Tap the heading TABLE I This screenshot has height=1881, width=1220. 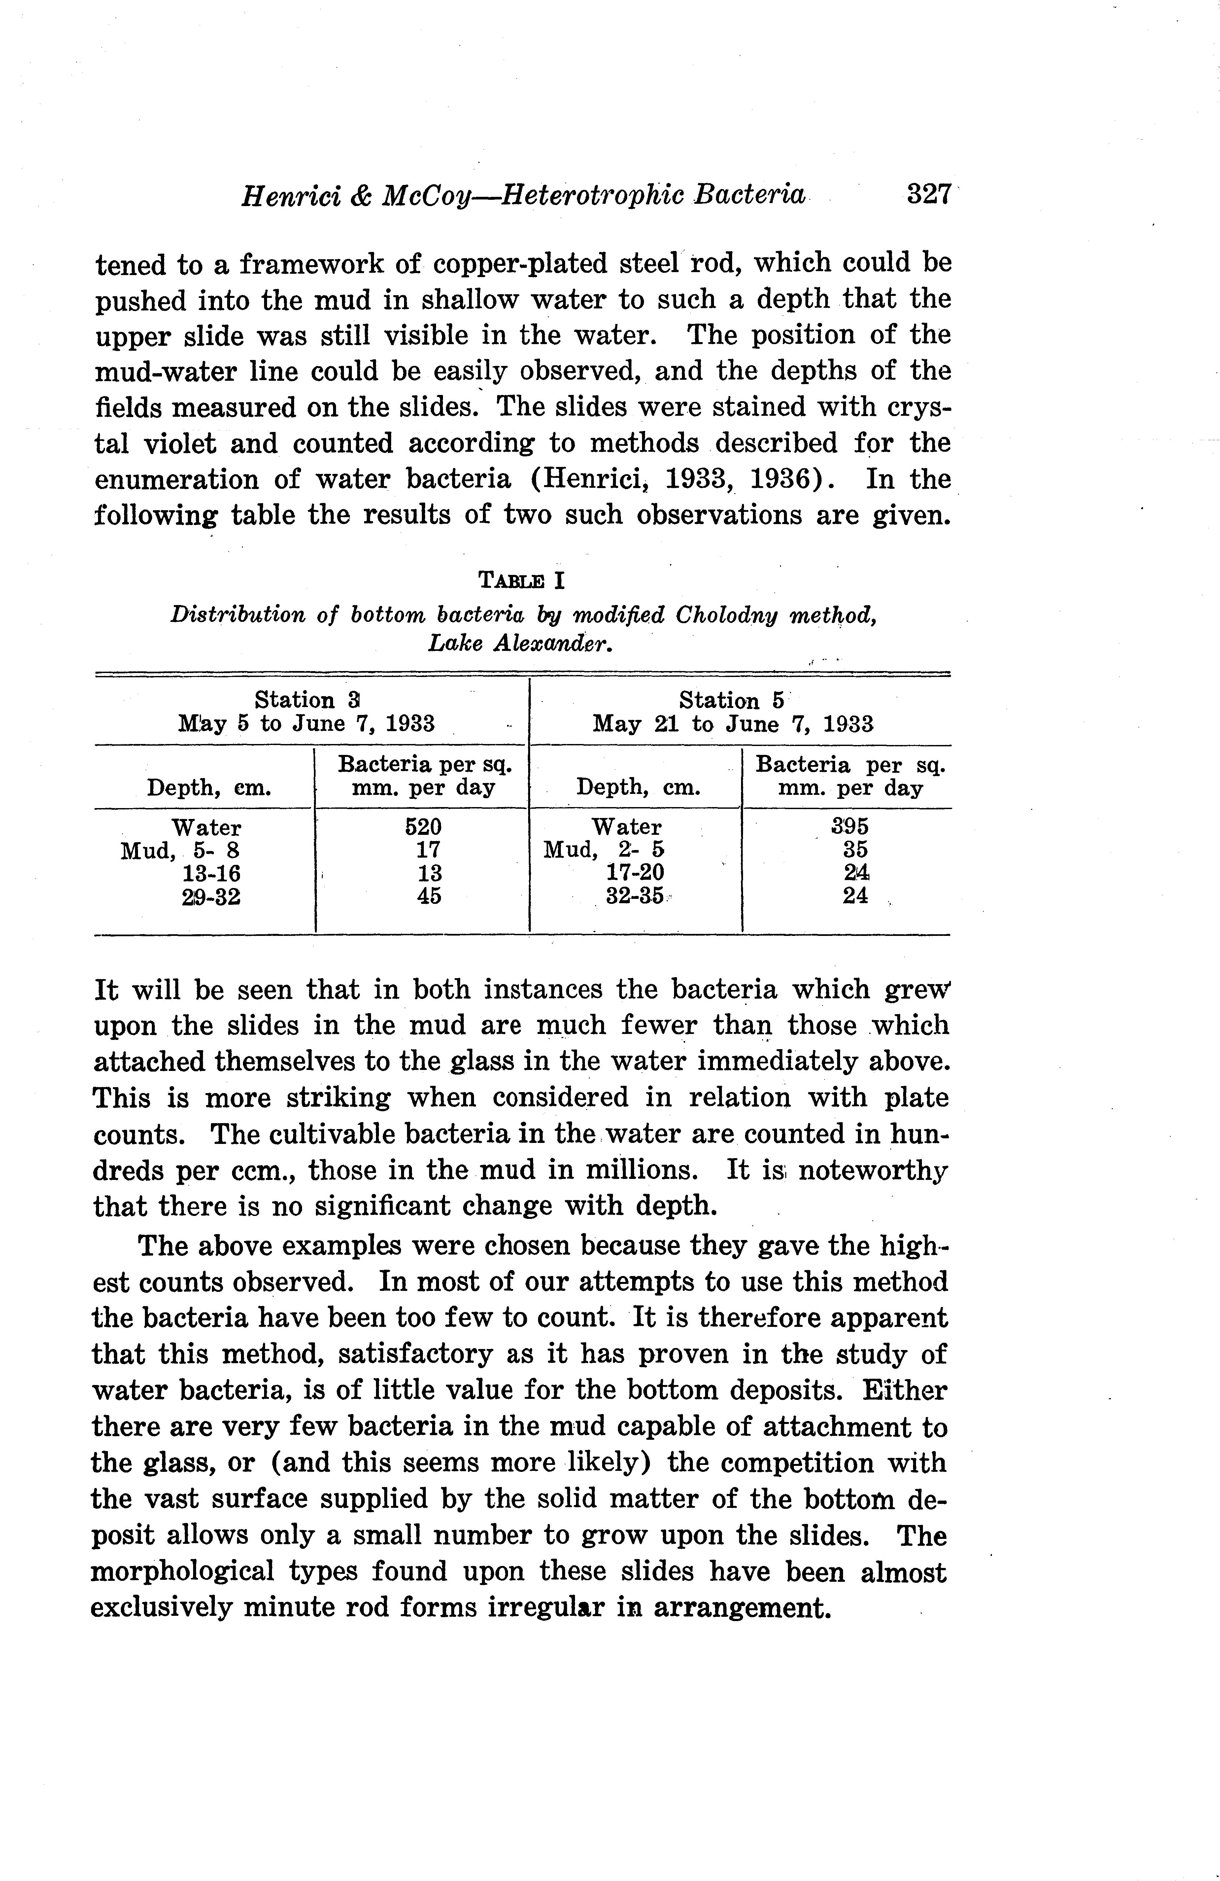(522, 581)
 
